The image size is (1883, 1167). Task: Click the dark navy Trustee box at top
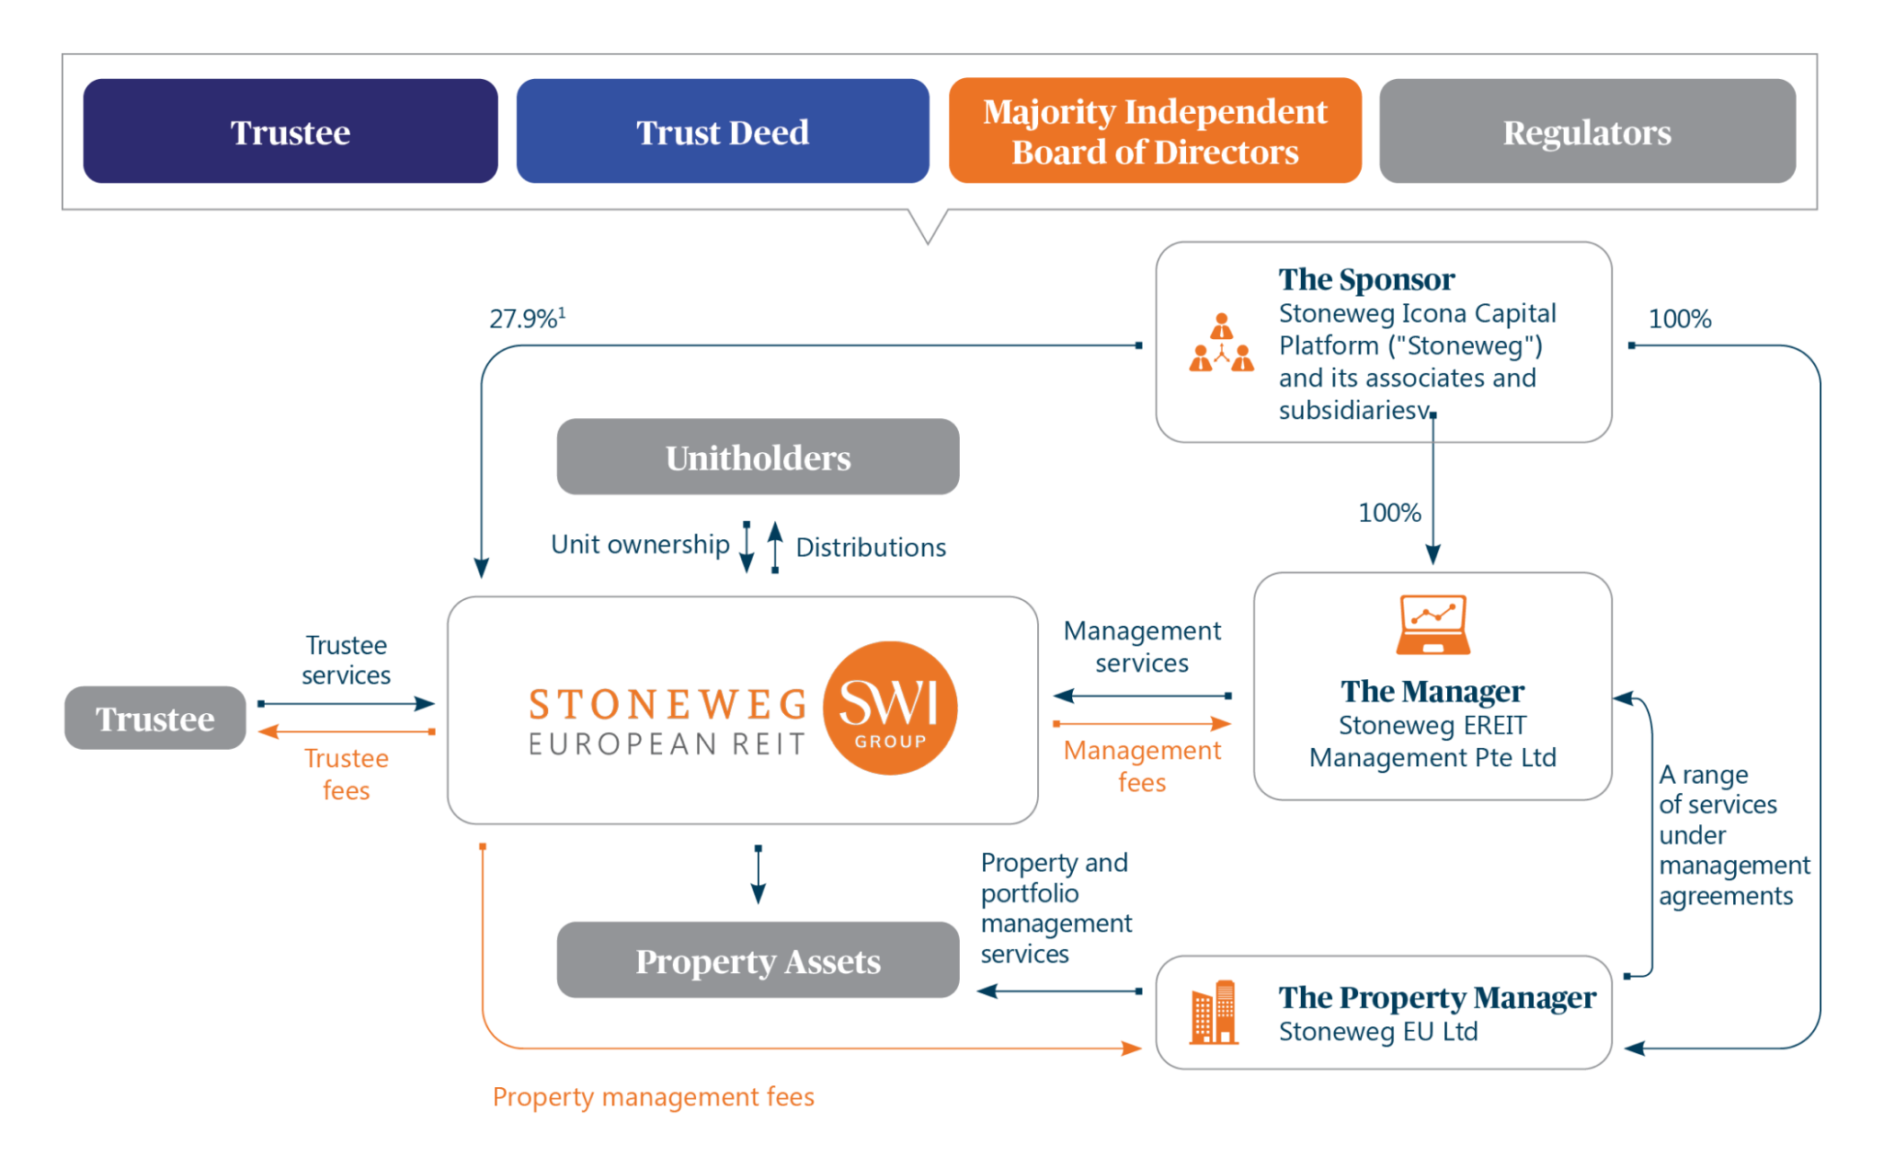coord(290,131)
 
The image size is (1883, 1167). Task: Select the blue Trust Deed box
coord(723,131)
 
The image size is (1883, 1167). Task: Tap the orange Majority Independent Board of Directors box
coord(1155,131)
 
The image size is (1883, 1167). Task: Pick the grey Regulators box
coord(1587,131)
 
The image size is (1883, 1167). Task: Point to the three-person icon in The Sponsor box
coord(1221,343)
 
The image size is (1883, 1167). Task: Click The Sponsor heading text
coord(1366,278)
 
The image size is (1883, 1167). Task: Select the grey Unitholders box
coord(758,457)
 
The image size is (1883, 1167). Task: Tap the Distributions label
coord(870,548)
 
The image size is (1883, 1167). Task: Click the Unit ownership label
coord(640,544)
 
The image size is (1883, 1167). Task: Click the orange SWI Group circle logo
coord(889,708)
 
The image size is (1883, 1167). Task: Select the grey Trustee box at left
coord(155,718)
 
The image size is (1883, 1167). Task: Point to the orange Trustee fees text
coord(346,774)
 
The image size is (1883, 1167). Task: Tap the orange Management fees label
coord(1141,765)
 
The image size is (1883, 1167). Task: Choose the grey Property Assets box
coord(758,960)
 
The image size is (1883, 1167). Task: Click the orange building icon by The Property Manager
coord(1214,1013)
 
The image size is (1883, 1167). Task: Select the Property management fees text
coord(653,1096)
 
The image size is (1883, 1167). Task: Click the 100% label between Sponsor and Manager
coord(1389,513)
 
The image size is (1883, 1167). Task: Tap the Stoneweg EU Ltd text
coord(1377,1031)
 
